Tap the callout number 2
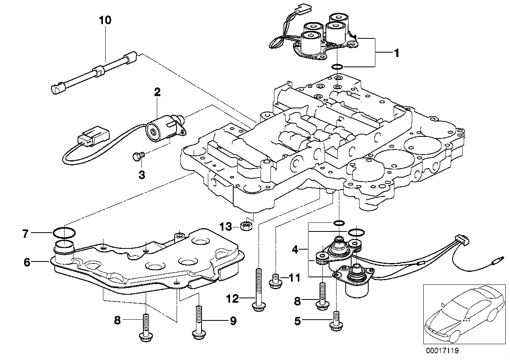coord(157,92)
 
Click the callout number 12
coord(233,299)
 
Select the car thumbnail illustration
coord(461,313)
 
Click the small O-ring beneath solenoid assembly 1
coord(337,66)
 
